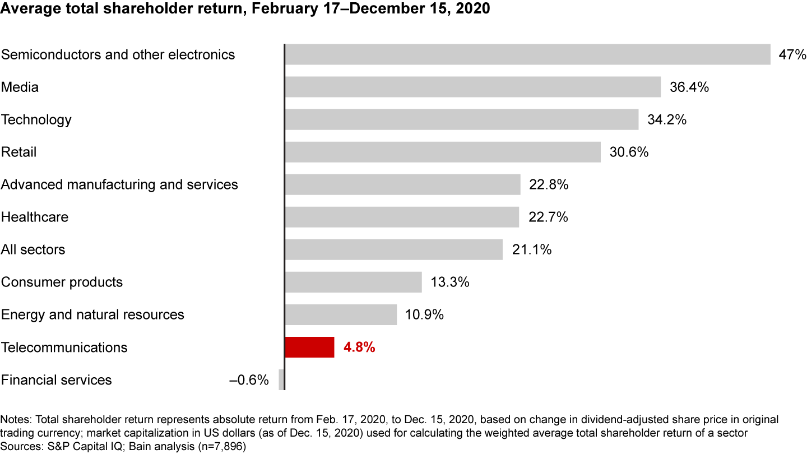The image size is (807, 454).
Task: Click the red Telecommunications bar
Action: [x=309, y=348]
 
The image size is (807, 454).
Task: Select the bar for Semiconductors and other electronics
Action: [x=527, y=55]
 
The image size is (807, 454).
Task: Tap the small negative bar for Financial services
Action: [x=282, y=380]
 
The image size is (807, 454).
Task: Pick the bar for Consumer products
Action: [x=353, y=282]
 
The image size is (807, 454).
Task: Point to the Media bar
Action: [x=472, y=87]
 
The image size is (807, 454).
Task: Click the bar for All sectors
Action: [x=393, y=250]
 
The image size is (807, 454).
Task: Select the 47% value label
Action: [x=792, y=55]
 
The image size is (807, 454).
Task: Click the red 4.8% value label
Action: [x=359, y=348]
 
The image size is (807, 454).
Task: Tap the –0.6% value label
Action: [x=249, y=380]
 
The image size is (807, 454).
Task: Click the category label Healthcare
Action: [x=35, y=217]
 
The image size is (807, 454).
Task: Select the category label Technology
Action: [x=36, y=120]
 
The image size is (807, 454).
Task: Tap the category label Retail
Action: [x=18, y=152]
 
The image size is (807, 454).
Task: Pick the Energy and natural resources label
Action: [x=92, y=315]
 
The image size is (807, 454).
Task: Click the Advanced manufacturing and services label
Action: [x=119, y=185]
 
